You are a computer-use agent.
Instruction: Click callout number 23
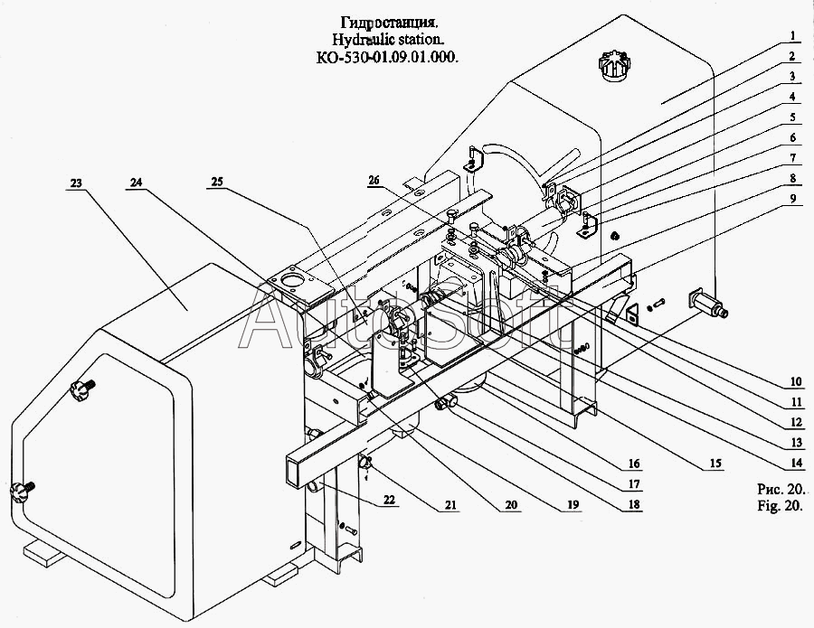[x=76, y=183]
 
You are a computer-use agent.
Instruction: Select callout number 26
[x=374, y=181]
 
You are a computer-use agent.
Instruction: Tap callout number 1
[x=792, y=36]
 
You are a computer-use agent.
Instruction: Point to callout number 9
[x=792, y=198]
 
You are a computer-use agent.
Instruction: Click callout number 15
[x=715, y=463]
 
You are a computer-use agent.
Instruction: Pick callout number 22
[x=389, y=500]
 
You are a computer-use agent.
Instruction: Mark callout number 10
[x=796, y=382]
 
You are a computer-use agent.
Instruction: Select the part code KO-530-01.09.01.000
[x=387, y=58]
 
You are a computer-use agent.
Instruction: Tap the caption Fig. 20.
[x=781, y=506]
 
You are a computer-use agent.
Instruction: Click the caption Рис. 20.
[x=781, y=489]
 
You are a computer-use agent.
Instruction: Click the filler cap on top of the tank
[x=616, y=65]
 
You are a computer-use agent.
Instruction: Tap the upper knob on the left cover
[x=83, y=387]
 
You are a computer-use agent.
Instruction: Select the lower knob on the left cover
[x=23, y=490]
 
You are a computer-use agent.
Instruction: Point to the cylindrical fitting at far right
[x=707, y=304]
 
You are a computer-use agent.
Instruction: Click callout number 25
[x=216, y=182]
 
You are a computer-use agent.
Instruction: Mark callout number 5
[x=792, y=117]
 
